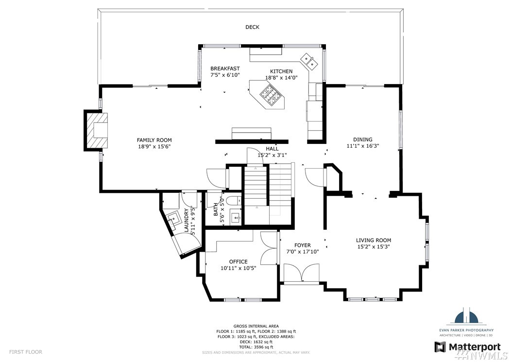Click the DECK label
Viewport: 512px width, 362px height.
pos(253,27)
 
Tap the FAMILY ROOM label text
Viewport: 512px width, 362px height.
pos(154,140)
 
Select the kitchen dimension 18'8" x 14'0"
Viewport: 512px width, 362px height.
pos(281,78)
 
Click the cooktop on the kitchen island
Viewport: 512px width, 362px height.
pos(271,94)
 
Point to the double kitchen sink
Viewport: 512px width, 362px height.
pos(309,61)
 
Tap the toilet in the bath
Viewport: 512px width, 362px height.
pos(234,200)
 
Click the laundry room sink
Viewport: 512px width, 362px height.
pos(173,218)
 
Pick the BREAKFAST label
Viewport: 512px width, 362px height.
pos(225,69)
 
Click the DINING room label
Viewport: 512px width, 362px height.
pos(363,139)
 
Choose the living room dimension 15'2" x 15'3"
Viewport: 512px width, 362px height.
pos(374,247)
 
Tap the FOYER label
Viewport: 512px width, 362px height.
pos(302,245)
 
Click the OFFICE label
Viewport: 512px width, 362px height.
pos(239,262)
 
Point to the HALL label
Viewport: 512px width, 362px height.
pos(272,149)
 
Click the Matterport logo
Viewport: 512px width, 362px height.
pos(467,347)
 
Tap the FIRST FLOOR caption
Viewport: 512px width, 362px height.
pos(25,352)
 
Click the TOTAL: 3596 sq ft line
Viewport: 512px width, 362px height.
pos(256,347)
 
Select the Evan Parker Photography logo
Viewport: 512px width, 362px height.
pos(466,322)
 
